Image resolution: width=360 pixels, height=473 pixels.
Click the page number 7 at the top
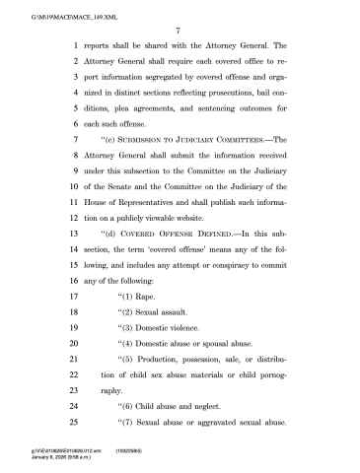point(180,31)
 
